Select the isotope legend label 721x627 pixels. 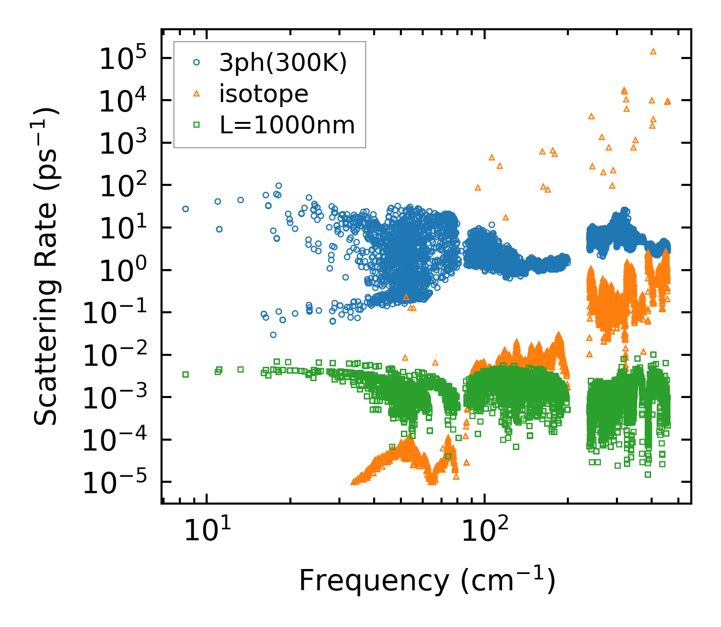click(x=264, y=94)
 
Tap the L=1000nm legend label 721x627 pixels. click(x=287, y=125)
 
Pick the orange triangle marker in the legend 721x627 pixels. click(x=197, y=93)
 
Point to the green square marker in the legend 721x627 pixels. click(x=197, y=125)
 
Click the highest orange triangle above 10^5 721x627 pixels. click(x=653, y=51)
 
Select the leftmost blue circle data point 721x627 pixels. click(x=185, y=209)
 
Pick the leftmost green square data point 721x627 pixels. click(x=185, y=374)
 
